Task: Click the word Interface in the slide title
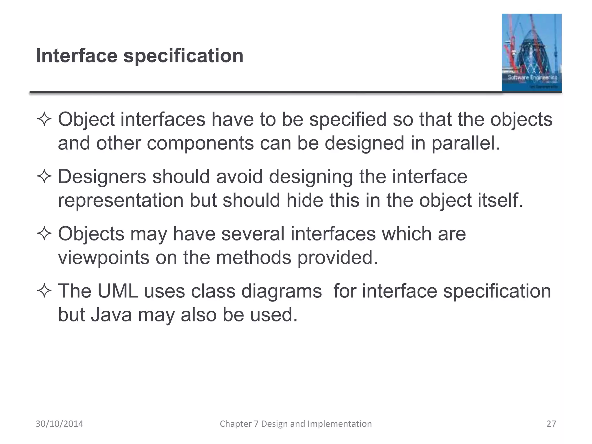[x=76, y=55]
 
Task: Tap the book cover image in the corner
[x=531, y=53]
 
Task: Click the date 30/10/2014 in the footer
[x=59, y=424]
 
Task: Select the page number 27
[x=551, y=424]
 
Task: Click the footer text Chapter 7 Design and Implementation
[x=296, y=424]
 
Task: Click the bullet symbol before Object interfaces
[x=44, y=119]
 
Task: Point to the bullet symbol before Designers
[x=44, y=176]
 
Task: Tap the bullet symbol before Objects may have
[x=44, y=234]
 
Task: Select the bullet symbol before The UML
[x=44, y=291]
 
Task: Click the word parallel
[x=465, y=143]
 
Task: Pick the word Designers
[x=102, y=177]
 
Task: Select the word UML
[x=118, y=291]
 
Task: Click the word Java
[x=112, y=314]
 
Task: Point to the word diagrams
[x=281, y=291]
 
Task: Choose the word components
[x=200, y=143]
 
